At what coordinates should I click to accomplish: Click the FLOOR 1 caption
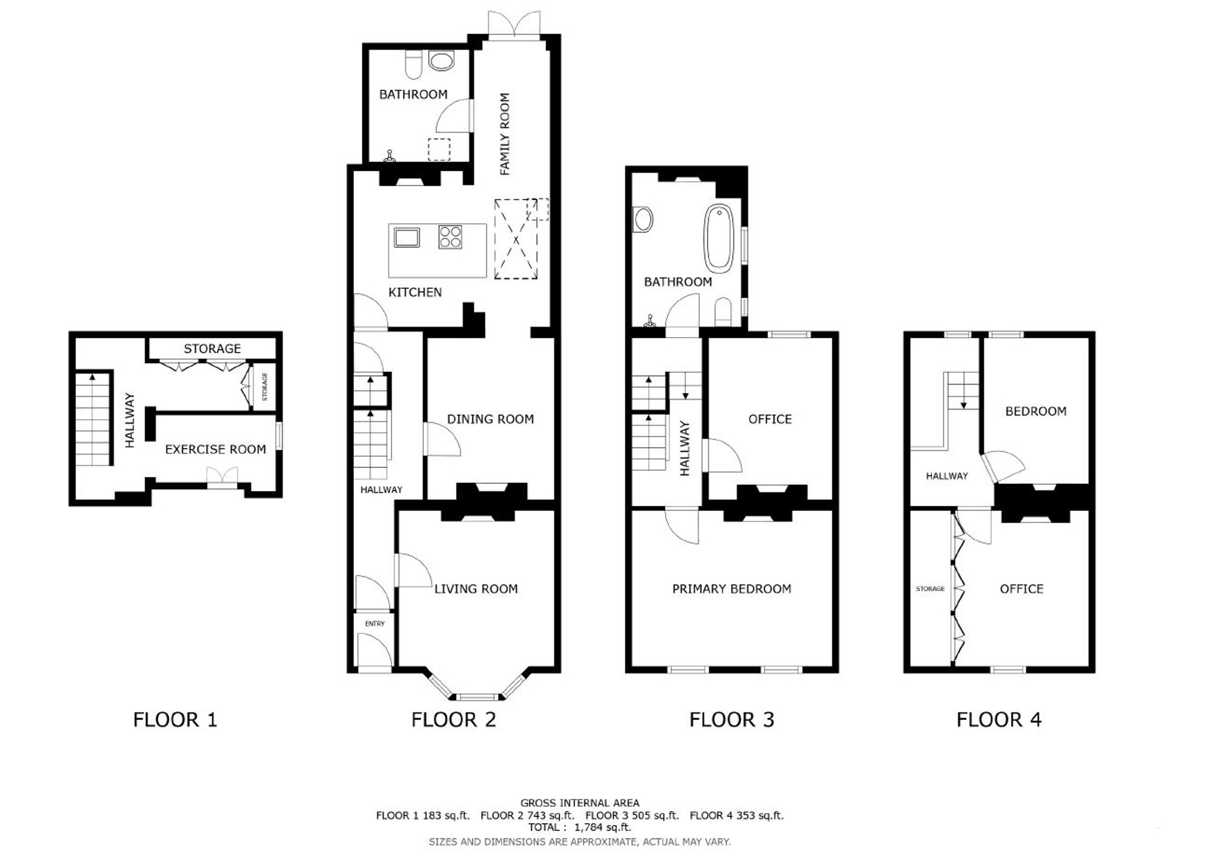coord(175,720)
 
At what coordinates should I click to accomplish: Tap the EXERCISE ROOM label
coord(215,450)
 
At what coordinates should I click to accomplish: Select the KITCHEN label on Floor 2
coord(415,292)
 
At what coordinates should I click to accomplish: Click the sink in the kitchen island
coord(407,237)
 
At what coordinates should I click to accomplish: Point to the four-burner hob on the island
coord(450,237)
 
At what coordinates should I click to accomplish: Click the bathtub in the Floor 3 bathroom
coord(719,237)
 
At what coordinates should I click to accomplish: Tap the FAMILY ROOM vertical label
coord(504,134)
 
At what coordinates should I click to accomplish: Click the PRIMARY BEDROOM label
coord(732,589)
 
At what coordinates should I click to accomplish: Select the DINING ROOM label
coord(491,419)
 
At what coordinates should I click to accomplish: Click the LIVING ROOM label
coord(476,589)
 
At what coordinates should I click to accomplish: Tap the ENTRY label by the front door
coord(375,624)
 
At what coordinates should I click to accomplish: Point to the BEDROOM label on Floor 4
coord(1036,411)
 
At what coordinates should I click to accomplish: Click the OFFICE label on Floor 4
coord(1021,589)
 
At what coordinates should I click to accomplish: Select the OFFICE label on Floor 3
coord(770,419)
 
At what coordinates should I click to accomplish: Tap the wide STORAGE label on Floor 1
coord(212,349)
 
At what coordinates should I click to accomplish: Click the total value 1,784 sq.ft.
coord(603,827)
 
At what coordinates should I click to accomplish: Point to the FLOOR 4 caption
coord(999,720)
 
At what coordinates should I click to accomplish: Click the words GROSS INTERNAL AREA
coord(580,803)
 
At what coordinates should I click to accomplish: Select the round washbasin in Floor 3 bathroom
coord(643,219)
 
